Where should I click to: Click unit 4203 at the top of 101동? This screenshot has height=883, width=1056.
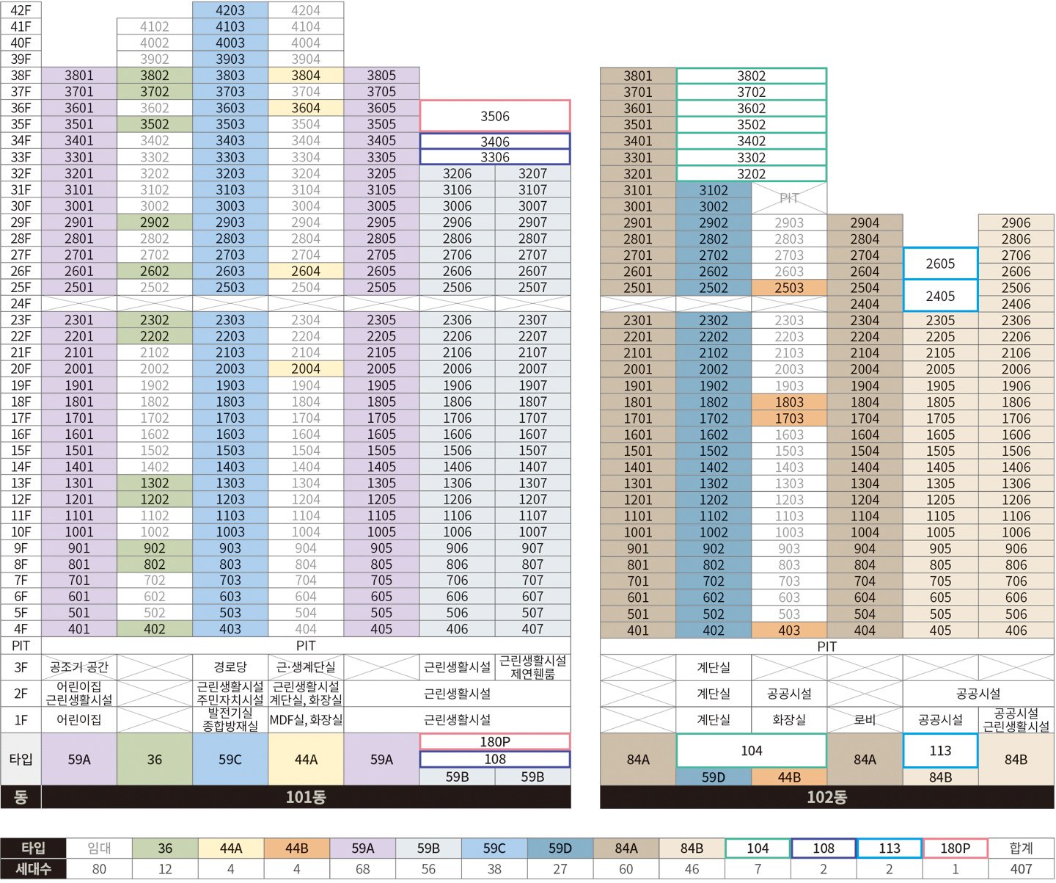(230, 10)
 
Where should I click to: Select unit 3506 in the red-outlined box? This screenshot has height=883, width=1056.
(495, 116)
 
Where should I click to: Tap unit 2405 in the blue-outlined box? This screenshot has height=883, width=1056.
(940, 296)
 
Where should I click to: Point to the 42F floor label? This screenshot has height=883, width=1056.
(21, 10)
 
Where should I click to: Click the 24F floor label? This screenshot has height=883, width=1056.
(21, 303)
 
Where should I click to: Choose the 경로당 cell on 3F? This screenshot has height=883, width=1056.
(230, 667)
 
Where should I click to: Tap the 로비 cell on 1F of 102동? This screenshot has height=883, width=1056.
(865, 720)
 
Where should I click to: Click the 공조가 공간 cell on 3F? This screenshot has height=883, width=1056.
(79, 667)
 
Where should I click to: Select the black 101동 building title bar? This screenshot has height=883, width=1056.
(306, 797)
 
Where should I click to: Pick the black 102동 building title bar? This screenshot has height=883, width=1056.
(826, 797)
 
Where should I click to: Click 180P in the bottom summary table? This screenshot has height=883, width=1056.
(955, 849)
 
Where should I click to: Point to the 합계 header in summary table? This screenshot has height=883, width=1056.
(1021, 849)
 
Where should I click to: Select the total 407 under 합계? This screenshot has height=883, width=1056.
(1021, 869)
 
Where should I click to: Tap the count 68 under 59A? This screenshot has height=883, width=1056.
(362, 869)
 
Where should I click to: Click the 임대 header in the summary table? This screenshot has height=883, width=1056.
(99, 849)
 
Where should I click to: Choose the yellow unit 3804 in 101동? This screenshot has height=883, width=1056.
(306, 76)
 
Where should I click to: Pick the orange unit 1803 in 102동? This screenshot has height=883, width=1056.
(789, 402)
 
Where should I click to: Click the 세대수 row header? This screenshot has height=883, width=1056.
(33, 869)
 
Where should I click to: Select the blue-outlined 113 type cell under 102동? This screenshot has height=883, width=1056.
(940, 750)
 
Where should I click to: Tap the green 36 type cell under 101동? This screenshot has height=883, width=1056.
(155, 760)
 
